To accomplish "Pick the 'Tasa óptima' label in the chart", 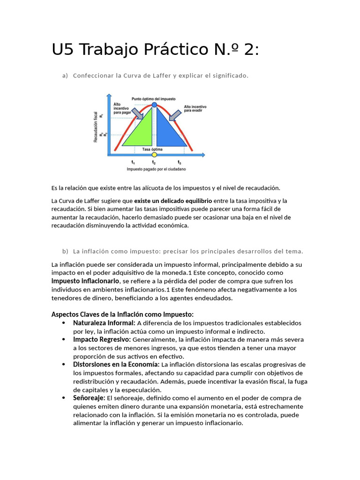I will click(152, 149).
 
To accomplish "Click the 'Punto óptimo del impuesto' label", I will click(153, 99).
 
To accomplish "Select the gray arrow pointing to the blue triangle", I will click(175, 114).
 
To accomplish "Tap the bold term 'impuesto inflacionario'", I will click(85, 281).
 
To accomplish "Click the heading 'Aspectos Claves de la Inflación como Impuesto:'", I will click(122, 314).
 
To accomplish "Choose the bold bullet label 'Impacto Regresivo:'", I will click(102, 339).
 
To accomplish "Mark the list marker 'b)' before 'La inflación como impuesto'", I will click(65, 251).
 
